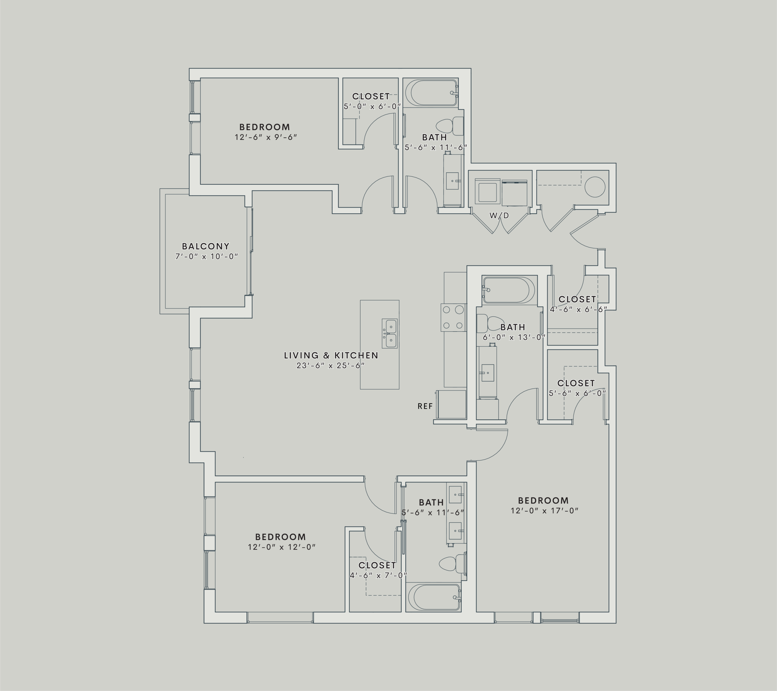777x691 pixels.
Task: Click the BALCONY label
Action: point(206,246)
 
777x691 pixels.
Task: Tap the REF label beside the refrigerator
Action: point(425,406)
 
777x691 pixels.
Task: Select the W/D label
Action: point(499,216)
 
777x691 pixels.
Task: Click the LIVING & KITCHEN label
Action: point(331,356)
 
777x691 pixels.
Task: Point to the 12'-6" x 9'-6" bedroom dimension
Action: point(265,137)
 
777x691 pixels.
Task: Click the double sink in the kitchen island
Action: point(390,334)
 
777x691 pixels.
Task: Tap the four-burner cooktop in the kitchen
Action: point(453,317)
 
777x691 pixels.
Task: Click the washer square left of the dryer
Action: point(487,193)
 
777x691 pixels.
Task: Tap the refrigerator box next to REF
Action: point(452,404)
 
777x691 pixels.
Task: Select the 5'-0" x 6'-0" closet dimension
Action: point(372,107)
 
